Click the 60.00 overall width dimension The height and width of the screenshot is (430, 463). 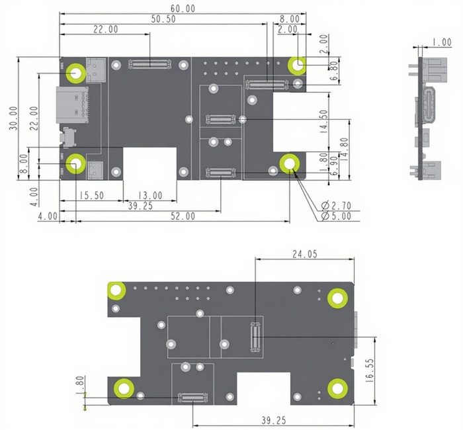click(183, 9)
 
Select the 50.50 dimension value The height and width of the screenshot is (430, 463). click(163, 19)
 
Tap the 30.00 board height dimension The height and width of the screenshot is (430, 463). click(13, 118)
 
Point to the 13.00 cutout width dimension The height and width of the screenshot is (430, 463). click(150, 196)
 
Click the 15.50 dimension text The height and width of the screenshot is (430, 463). click(91, 196)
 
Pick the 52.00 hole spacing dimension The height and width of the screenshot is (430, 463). click(183, 216)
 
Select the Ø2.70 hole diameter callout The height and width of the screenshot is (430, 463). click(336, 205)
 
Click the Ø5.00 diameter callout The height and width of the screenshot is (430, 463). click(336, 216)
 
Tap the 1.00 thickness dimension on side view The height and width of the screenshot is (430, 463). click(442, 42)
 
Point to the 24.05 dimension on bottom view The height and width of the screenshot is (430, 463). click(305, 254)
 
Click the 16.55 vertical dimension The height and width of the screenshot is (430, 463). click(369, 370)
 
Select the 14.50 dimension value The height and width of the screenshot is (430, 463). click(324, 121)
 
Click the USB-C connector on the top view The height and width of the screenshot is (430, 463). click(72, 105)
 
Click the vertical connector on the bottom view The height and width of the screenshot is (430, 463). click(255, 337)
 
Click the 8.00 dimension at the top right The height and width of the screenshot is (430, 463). click(290, 19)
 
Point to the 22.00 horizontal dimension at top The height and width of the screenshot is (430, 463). click(106, 29)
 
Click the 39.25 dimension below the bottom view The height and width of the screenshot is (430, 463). click(273, 420)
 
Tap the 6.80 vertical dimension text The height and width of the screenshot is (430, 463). click(333, 71)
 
